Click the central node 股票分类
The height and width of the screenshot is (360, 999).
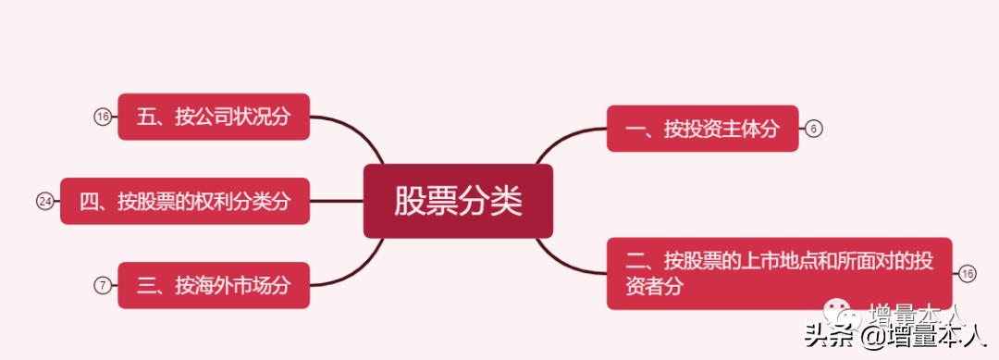458,201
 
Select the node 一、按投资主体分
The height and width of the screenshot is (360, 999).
702,129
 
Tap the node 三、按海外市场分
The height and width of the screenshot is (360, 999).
214,285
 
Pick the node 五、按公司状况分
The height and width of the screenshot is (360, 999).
214,117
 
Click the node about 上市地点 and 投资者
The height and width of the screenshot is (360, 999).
779,273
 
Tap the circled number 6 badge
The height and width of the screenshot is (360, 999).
813,129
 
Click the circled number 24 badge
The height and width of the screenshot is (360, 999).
44,201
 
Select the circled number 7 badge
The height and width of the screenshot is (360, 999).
103,285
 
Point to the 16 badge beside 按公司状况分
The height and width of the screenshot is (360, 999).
103,117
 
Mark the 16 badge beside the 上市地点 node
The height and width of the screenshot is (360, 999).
968,273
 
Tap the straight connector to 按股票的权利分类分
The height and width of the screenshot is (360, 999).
337,201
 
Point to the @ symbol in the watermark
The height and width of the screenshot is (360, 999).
873,335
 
